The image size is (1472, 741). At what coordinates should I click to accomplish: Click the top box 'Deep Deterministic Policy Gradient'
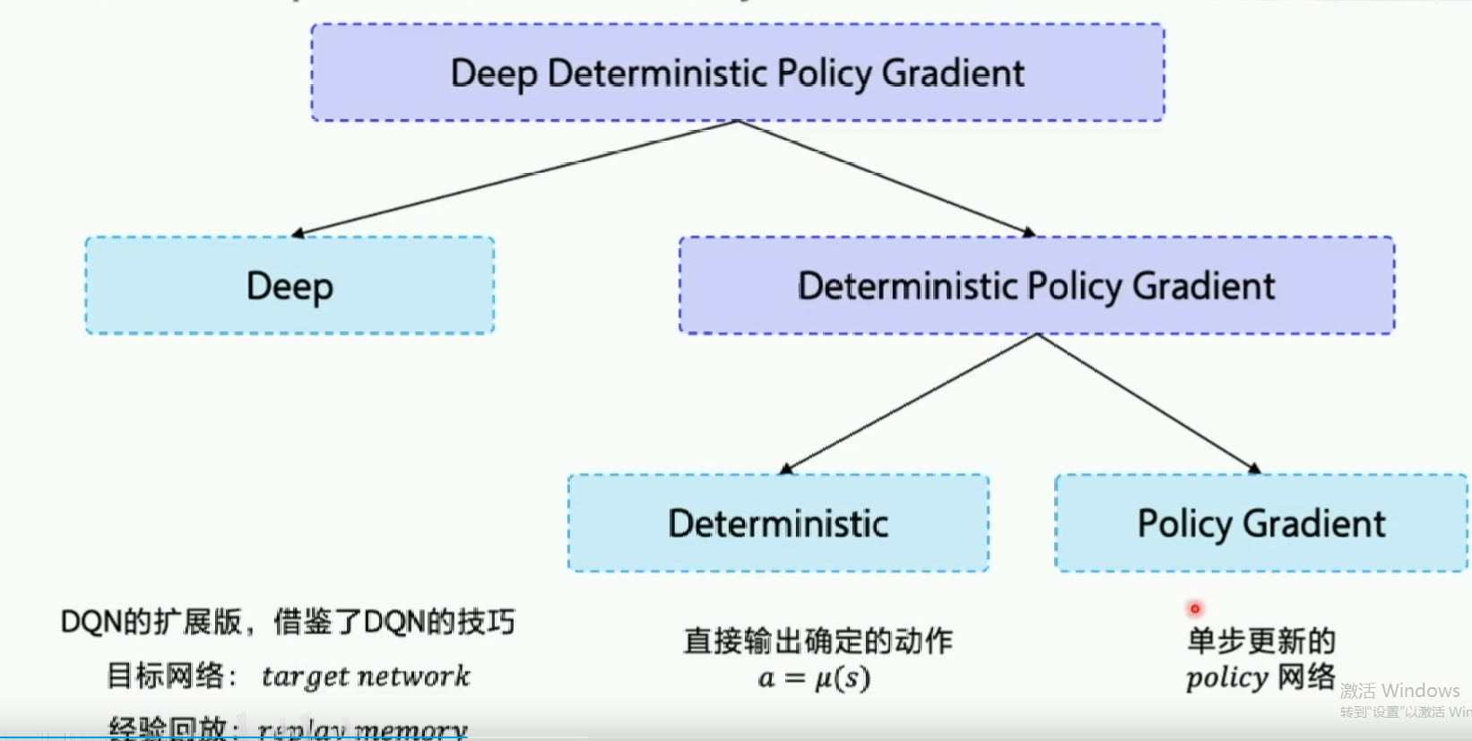tap(737, 73)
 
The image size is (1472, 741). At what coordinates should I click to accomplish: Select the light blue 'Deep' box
tap(290, 286)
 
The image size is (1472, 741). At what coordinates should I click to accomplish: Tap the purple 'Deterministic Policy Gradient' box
tap(1035, 286)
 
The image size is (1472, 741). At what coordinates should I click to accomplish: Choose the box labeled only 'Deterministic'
tap(777, 523)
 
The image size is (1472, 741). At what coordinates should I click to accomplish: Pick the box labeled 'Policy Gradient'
tap(1260, 523)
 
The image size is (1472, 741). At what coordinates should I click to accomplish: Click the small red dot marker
tap(1194, 609)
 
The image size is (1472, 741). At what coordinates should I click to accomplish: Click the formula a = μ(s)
tap(814, 678)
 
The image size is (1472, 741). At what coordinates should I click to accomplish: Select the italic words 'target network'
tap(365, 676)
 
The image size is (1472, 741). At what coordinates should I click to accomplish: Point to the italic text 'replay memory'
tap(362, 729)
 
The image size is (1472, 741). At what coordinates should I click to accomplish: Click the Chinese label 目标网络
tap(167, 676)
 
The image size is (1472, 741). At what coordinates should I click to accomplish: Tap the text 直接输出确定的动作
tap(818, 641)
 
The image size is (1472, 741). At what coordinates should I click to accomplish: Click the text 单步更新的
tap(1260, 641)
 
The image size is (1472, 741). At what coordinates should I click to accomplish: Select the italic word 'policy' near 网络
tap(1226, 678)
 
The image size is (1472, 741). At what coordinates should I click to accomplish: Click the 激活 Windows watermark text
tap(1399, 691)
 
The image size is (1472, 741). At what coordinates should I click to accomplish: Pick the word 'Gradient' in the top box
tap(953, 73)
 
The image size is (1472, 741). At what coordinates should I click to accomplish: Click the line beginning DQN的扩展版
tap(287, 622)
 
